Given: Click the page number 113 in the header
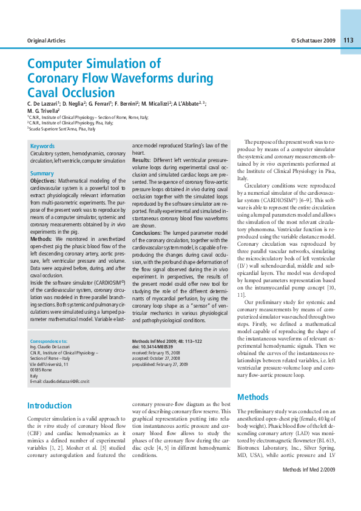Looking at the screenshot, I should [348, 40].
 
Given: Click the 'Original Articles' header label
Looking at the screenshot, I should [47, 41].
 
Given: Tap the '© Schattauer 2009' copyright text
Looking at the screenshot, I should [313, 41].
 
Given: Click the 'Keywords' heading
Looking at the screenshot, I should [42, 146].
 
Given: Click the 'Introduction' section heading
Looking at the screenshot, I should [49, 405].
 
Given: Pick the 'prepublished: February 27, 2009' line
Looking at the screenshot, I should [160, 364].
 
